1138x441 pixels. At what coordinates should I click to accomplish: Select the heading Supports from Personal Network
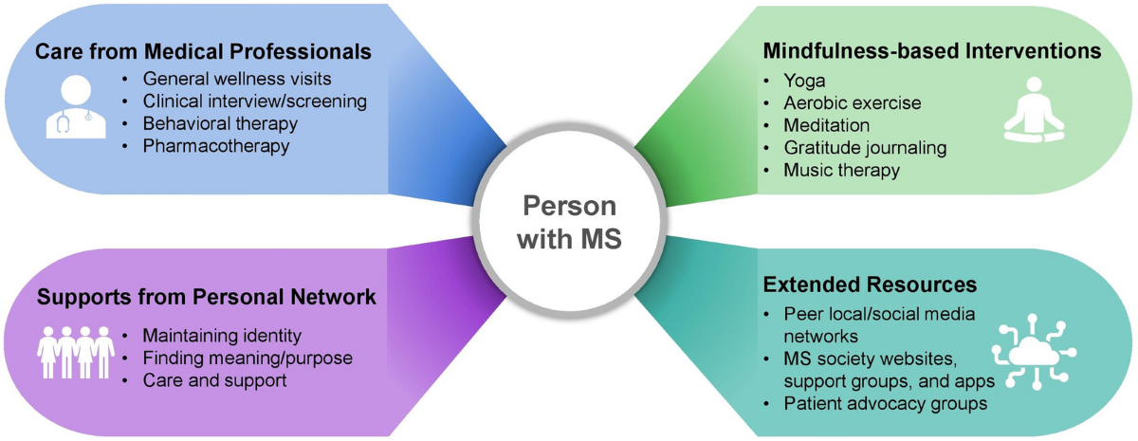point(207,297)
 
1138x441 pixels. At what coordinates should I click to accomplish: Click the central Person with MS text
point(571,221)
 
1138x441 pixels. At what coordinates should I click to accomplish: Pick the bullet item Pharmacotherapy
point(216,146)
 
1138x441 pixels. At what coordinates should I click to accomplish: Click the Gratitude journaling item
point(865,147)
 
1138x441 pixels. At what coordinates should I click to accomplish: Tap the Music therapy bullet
point(841,170)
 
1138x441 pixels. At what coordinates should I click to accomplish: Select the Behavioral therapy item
point(220,123)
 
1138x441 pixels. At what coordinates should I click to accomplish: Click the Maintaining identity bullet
point(221,335)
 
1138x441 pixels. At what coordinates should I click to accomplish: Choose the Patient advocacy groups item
point(885,403)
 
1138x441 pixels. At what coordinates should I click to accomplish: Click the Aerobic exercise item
point(852,102)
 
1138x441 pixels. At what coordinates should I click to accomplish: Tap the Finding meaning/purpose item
point(247,358)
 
